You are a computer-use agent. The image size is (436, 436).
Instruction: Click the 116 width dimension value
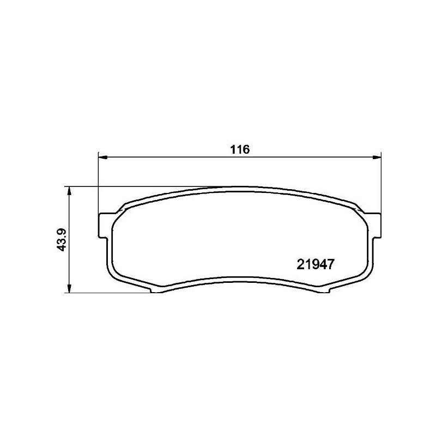click(x=239, y=149)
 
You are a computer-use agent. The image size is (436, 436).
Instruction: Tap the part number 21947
click(x=314, y=264)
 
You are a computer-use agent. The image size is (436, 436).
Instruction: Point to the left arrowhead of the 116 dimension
click(x=102, y=158)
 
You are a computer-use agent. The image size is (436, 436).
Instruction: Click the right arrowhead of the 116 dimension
click(x=377, y=158)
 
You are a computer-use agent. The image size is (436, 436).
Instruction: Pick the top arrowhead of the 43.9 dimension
click(x=69, y=191)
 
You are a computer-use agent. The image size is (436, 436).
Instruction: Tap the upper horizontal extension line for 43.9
click(x=136, y=187)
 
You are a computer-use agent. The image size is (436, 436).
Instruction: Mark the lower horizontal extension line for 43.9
click(x=109, y=293)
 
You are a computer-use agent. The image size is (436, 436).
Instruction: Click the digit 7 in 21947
click(x=329, y=264)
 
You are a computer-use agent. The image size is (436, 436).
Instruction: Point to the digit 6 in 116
click(x=245, y=149)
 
